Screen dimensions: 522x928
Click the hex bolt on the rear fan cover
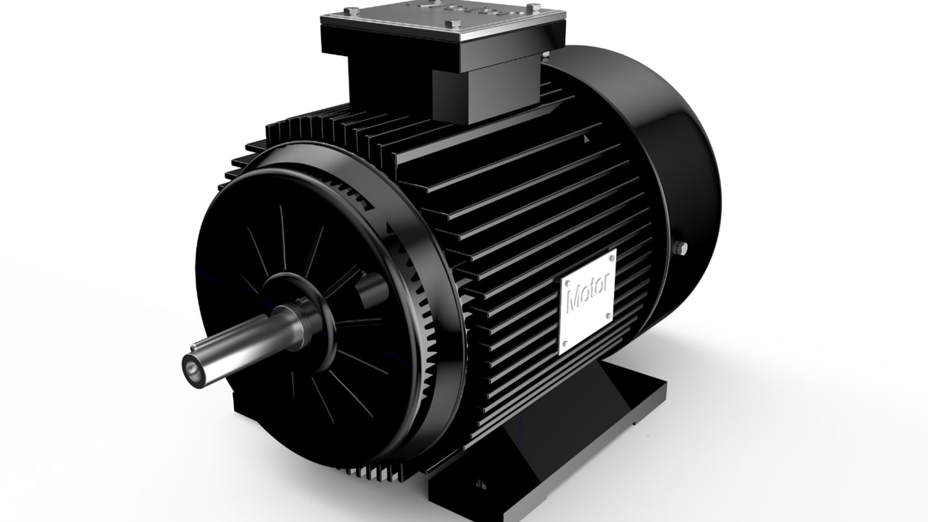click(x=681, y=247)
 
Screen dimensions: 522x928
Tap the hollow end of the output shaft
click(x=192, y=367)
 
